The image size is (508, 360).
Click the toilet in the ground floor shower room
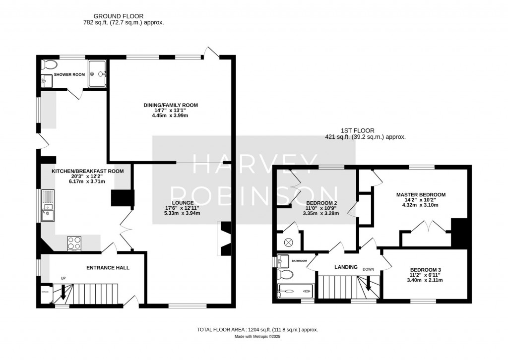49,64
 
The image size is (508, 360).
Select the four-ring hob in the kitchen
74,243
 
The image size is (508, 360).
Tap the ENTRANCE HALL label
108,268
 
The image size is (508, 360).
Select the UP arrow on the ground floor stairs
63,293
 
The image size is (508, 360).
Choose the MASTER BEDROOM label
421,195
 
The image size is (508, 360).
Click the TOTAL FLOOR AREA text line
257,329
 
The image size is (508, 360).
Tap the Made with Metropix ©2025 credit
257,337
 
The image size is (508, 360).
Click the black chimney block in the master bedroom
459,233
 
